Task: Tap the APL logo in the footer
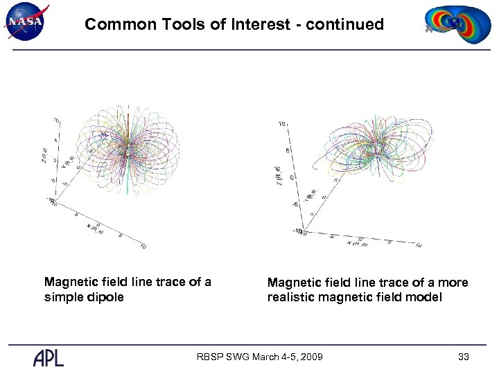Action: [49, 357]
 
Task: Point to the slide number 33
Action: [464, 357]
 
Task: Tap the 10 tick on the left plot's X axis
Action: [143, 247]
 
